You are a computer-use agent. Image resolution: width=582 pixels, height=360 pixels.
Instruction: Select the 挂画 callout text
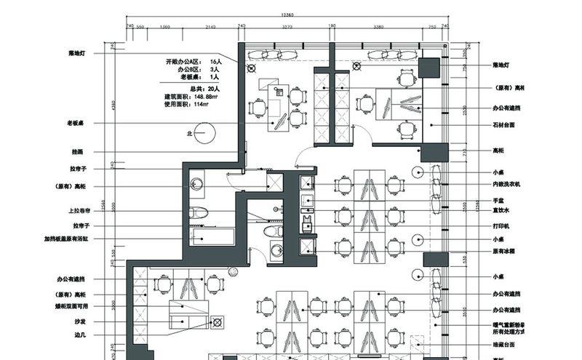[x=77, y=152]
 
